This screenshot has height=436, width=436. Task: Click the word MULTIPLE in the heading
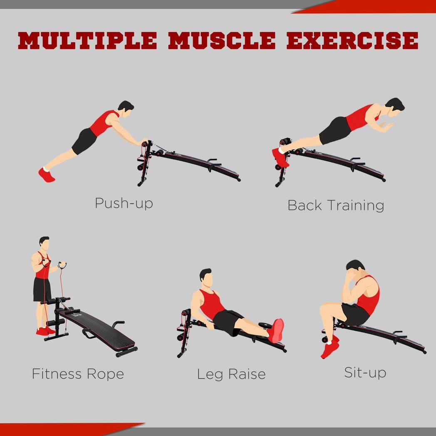click(87, 41)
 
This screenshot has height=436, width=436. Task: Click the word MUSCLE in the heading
click(222, 41)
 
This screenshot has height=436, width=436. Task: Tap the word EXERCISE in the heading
click(352, 41)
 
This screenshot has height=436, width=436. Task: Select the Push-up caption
click(124, 203)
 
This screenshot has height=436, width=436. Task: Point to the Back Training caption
click(336, 206)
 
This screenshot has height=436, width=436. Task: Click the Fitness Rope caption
click(78, 374)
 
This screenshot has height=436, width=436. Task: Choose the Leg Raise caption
click(231, 374)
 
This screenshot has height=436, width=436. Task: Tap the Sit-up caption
click(365, 373)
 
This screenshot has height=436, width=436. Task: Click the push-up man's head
click(126, 109)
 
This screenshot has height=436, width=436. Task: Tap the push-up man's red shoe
click(47, 175)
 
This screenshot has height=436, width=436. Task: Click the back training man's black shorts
click(335, 130)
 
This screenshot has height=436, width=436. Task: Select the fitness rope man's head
click(45, 244)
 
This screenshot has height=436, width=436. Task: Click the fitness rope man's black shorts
click(42, 290)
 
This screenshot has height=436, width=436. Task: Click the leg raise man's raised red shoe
click(276, 331)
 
